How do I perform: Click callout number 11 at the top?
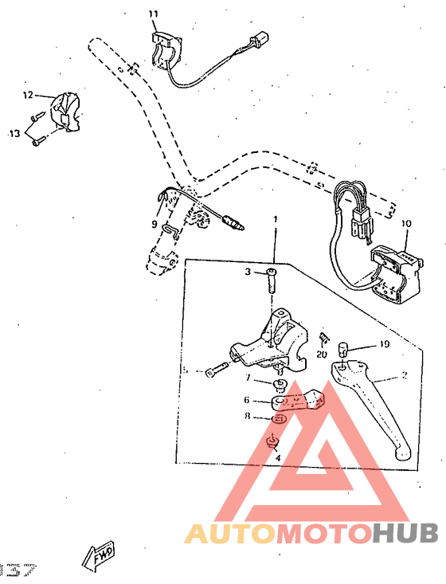tap(154, 14)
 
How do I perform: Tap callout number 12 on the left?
tap(28, 96)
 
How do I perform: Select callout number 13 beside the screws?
tap(14, 134)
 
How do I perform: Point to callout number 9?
tap(155, 225)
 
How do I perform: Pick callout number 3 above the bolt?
tap(248, 272)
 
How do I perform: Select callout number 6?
tap(247, 401)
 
